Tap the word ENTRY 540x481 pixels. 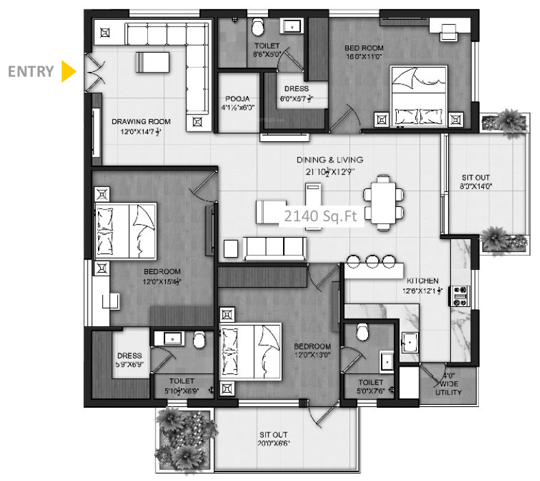[x=31, y=71]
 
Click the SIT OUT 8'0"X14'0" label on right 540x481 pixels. [x=476, y=182]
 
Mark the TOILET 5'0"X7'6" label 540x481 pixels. [x=369, y=385]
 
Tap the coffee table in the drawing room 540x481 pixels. [x=151, y=62]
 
